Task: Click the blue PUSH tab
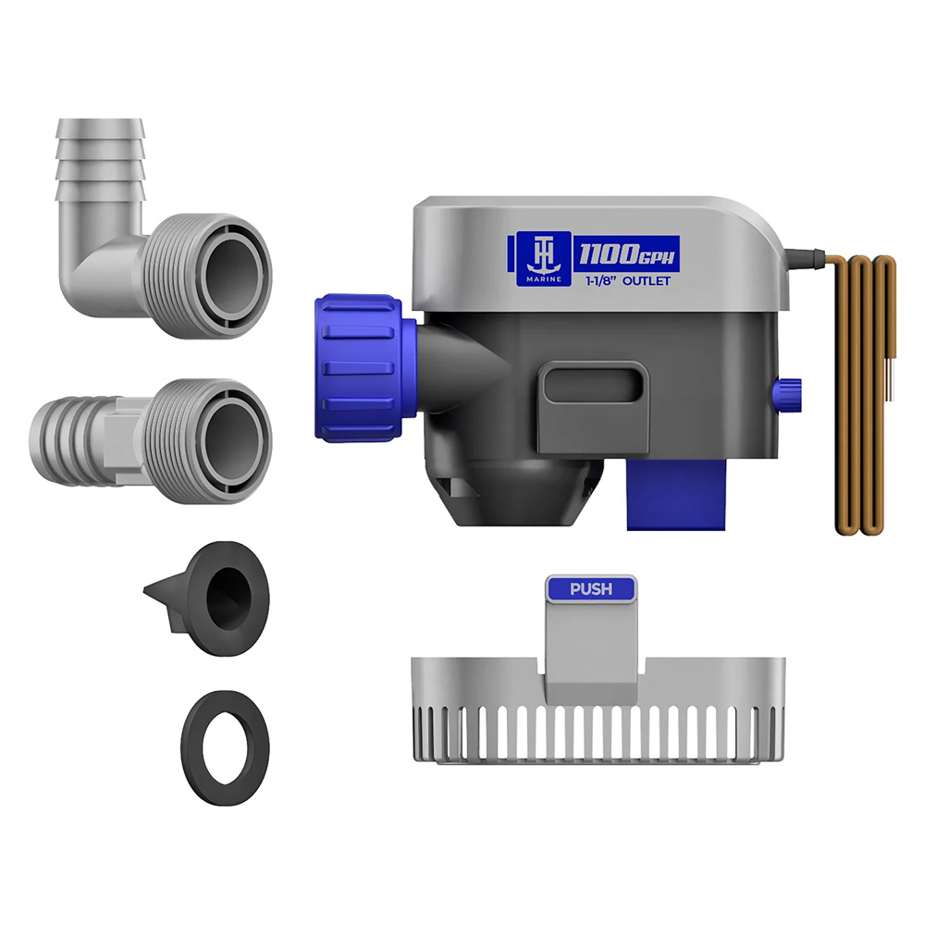(x=591, y=588)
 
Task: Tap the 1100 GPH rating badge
(x=626, y=254)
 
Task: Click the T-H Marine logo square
(x=543, y=259)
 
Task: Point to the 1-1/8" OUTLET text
(x=628, y=281)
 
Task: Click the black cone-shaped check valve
(x=206, y=598)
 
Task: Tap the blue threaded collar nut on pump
(x=359, y=367)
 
